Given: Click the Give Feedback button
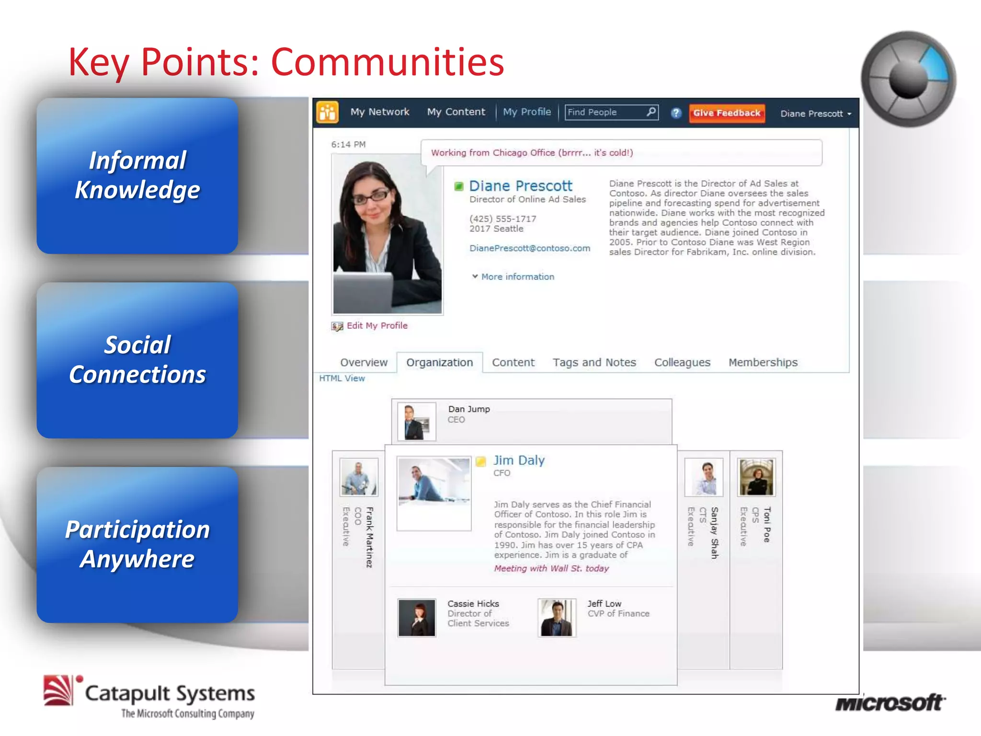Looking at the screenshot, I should (x=726, y=113).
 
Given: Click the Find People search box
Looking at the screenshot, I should (x=606, y=112).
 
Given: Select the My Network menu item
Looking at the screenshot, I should (x=379, y=112).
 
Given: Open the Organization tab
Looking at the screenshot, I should (x=439, y=362).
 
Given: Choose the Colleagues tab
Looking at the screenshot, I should (x=682, y=362).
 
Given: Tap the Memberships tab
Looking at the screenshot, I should (x=763, y=362).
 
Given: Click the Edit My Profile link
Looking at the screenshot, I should (x=376, y=326).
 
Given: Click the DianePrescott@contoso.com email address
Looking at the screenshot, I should (x=529, y=248).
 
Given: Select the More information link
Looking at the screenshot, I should (x=517, y=277).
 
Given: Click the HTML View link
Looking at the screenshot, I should (x=342, y=378).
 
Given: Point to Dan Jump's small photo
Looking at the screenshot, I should (x=416, y=422).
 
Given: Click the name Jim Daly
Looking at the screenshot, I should (x=519, y=460).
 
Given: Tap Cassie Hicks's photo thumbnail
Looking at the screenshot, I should (x=416, y=617).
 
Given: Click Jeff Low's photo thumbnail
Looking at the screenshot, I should (x=557, y=617).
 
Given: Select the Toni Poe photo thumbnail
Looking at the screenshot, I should (x=756, y=477).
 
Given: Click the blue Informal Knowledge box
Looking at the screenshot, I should (x=137, y=176).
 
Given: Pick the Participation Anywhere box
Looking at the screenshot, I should (x=137, y=545).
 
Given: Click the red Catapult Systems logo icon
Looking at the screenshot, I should (x=59, y=690).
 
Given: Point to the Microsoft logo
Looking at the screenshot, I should (x=889, y=703).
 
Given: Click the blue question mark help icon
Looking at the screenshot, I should (x=675, y=113).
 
